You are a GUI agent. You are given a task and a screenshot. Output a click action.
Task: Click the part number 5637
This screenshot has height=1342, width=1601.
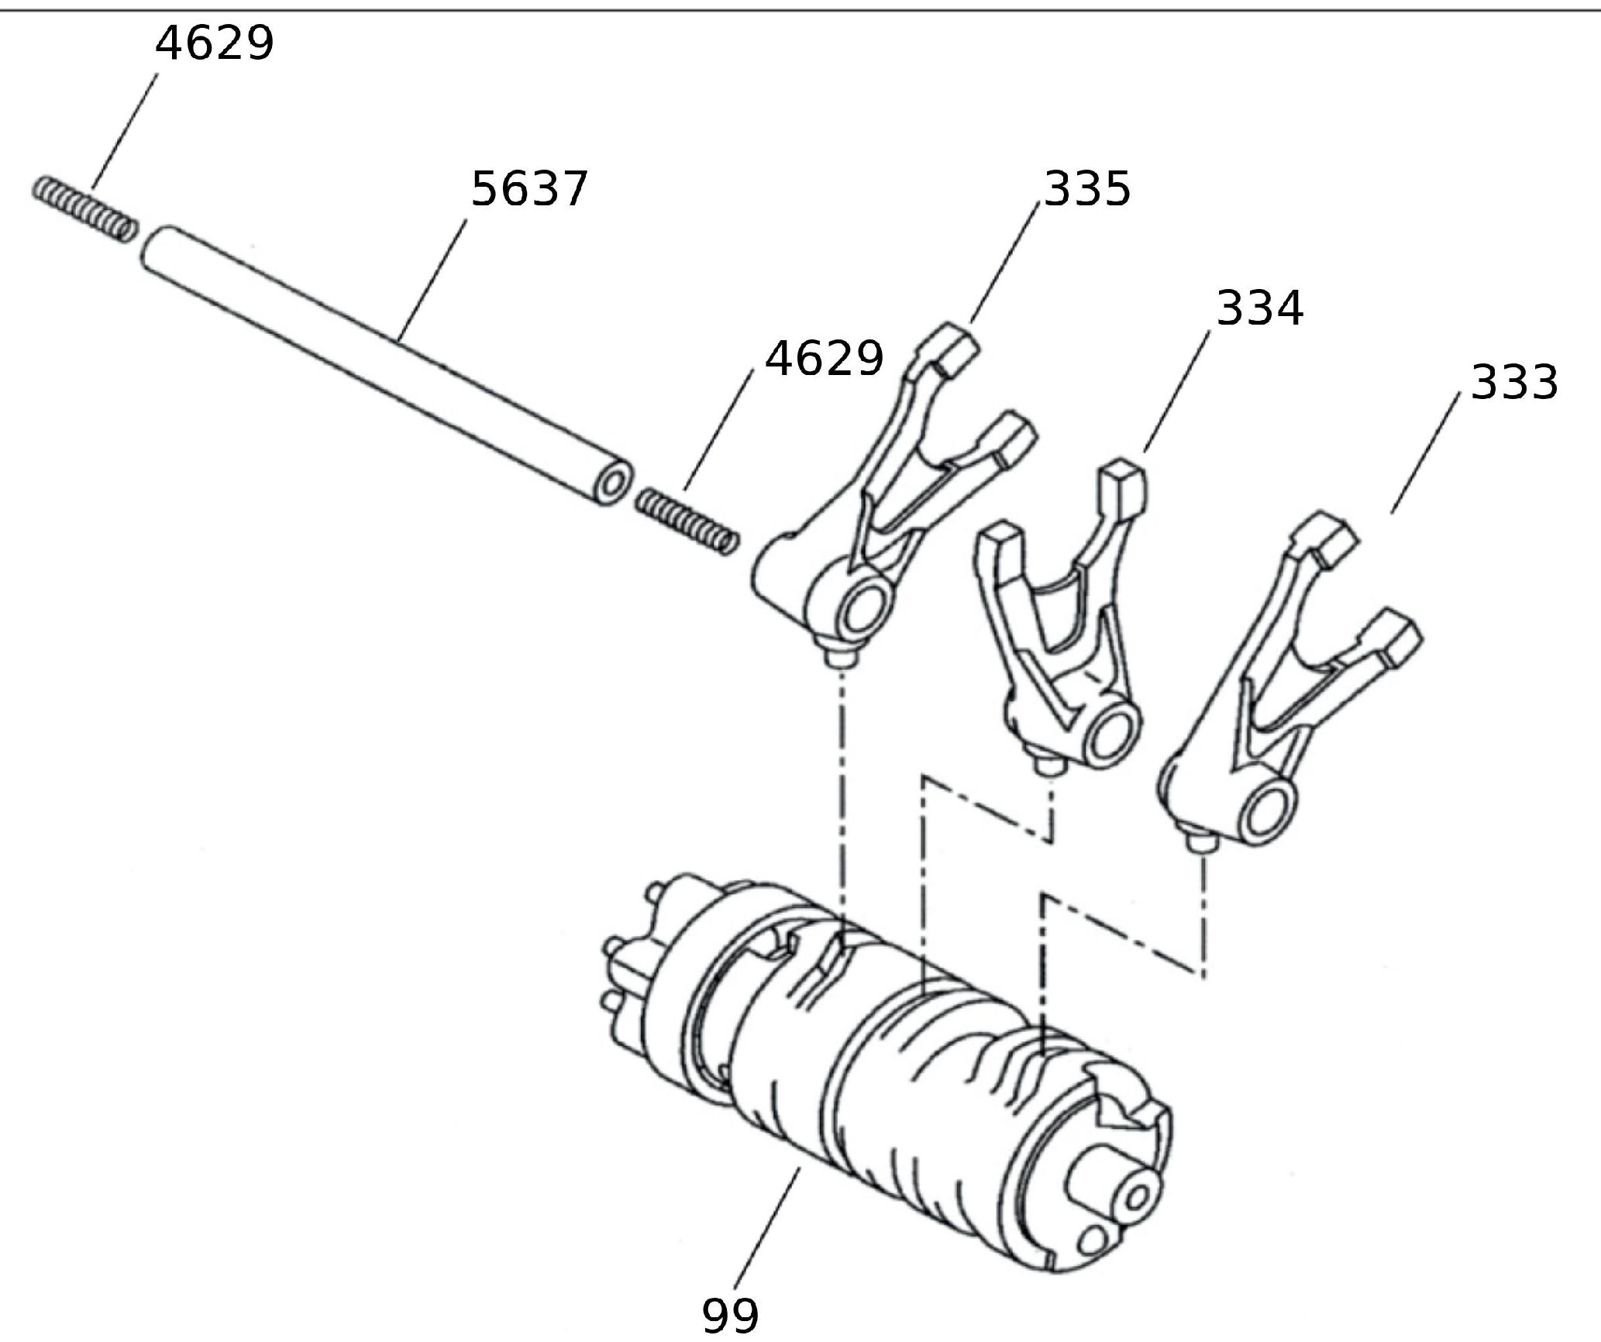pyautogui.click(x=530, y=189)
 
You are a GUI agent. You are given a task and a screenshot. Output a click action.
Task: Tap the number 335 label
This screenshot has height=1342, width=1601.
pyautogui.click(x=1087, y=189)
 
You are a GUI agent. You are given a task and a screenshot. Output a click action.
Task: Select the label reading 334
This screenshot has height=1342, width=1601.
pyautogui.click(x=1260, y=308)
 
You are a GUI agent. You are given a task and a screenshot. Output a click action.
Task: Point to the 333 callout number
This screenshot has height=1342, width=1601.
pyautogui.click(x=1513, y=383)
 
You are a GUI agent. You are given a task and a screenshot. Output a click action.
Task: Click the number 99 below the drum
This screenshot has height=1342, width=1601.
pyautogui.click(x=730, y=1314)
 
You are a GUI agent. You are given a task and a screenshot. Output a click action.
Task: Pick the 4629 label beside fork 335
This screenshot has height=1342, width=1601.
pyautogui.click(x=824, y=359)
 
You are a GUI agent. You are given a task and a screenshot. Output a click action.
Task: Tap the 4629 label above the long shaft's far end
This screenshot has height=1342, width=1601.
pyautogui.click(x=215, y=43)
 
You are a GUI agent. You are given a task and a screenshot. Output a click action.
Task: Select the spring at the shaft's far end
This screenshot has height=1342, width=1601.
pyautogui.click(x=85, y=208)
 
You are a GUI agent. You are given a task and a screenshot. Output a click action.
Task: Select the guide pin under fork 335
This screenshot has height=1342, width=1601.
pyautogui.click(x=840, y=656)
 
